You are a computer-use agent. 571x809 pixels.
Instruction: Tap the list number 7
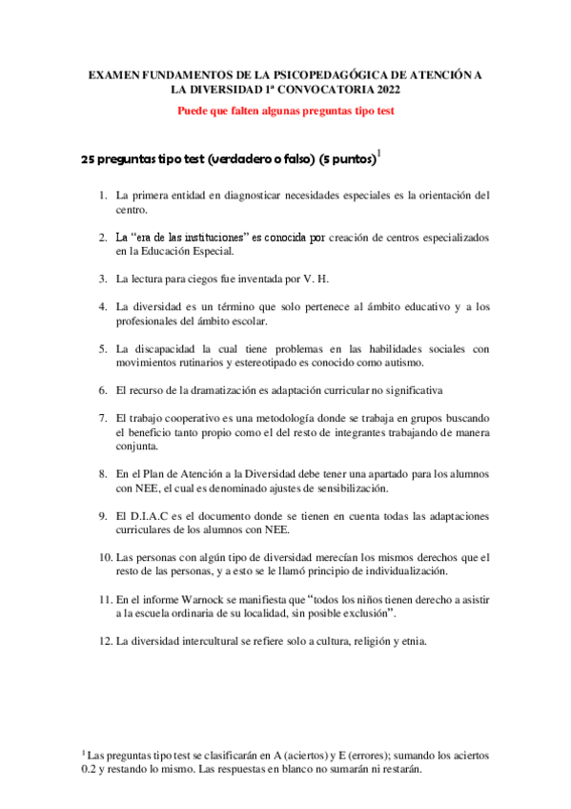[x=102, y=418]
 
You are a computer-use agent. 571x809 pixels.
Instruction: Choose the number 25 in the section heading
[x=89, y=159]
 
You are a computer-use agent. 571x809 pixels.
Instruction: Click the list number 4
[x=102, y=306]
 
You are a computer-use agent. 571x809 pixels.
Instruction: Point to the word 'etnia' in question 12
[x=414, y=641]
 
